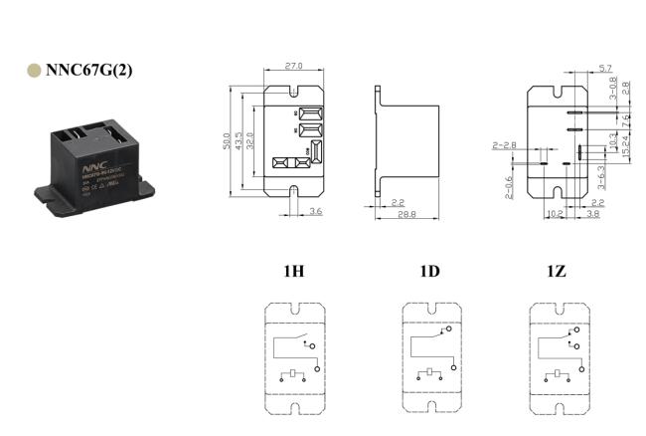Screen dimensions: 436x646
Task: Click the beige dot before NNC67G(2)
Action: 34,71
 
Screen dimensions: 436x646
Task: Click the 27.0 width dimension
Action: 293,66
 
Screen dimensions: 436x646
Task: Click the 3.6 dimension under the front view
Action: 315,212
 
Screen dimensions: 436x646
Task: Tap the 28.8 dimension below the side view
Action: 404,213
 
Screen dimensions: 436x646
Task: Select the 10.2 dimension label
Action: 557,213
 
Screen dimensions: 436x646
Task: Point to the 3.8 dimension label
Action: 593,213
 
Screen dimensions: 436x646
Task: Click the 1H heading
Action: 293,271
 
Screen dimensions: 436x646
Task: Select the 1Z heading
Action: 558,271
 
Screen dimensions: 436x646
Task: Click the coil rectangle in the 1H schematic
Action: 293,373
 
